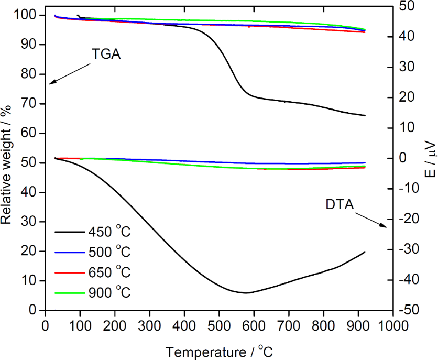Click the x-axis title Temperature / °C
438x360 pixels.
tap(219, 351)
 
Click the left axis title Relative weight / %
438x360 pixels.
tap(7, 164)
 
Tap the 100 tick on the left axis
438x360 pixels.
tap(30, 15)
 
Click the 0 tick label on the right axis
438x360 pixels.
tap(403, 158)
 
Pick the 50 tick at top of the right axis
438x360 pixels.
tap(404, 6)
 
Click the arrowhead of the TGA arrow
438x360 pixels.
tap(50, 83)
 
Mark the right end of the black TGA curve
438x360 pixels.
tap(365, 115)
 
